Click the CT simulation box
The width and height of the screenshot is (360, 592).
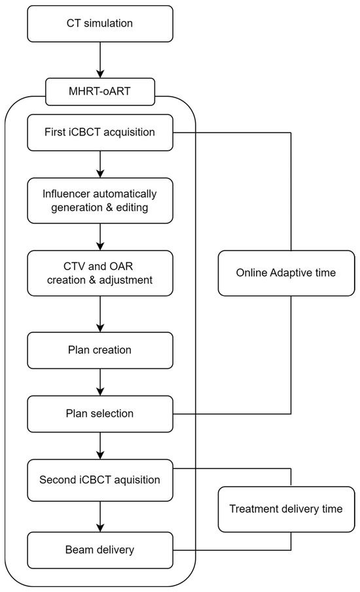(100, 24)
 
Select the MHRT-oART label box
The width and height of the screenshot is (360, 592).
(100, 92)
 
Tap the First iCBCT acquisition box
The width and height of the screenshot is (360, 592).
(100, 133)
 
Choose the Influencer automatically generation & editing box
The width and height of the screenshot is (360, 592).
(100, 200)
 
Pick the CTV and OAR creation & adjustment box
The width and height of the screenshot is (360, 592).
(100, 273)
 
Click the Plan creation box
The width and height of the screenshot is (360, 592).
(100, 351)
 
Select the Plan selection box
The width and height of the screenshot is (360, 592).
(100, 414)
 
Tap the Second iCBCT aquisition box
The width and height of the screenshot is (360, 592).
(100, 480)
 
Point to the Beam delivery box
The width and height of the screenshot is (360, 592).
(100, 550)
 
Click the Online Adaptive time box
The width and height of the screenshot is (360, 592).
(286, 273)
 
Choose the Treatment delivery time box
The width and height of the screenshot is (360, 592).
(286, 509)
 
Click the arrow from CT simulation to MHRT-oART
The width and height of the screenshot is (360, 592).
(100, 60)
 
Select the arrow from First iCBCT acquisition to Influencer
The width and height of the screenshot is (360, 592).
(100, 165)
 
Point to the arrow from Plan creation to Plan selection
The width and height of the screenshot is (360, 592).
(100, 382)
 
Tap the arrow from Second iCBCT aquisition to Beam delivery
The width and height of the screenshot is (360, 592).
(100, 517)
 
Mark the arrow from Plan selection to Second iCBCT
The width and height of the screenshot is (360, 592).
(100, 445)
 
